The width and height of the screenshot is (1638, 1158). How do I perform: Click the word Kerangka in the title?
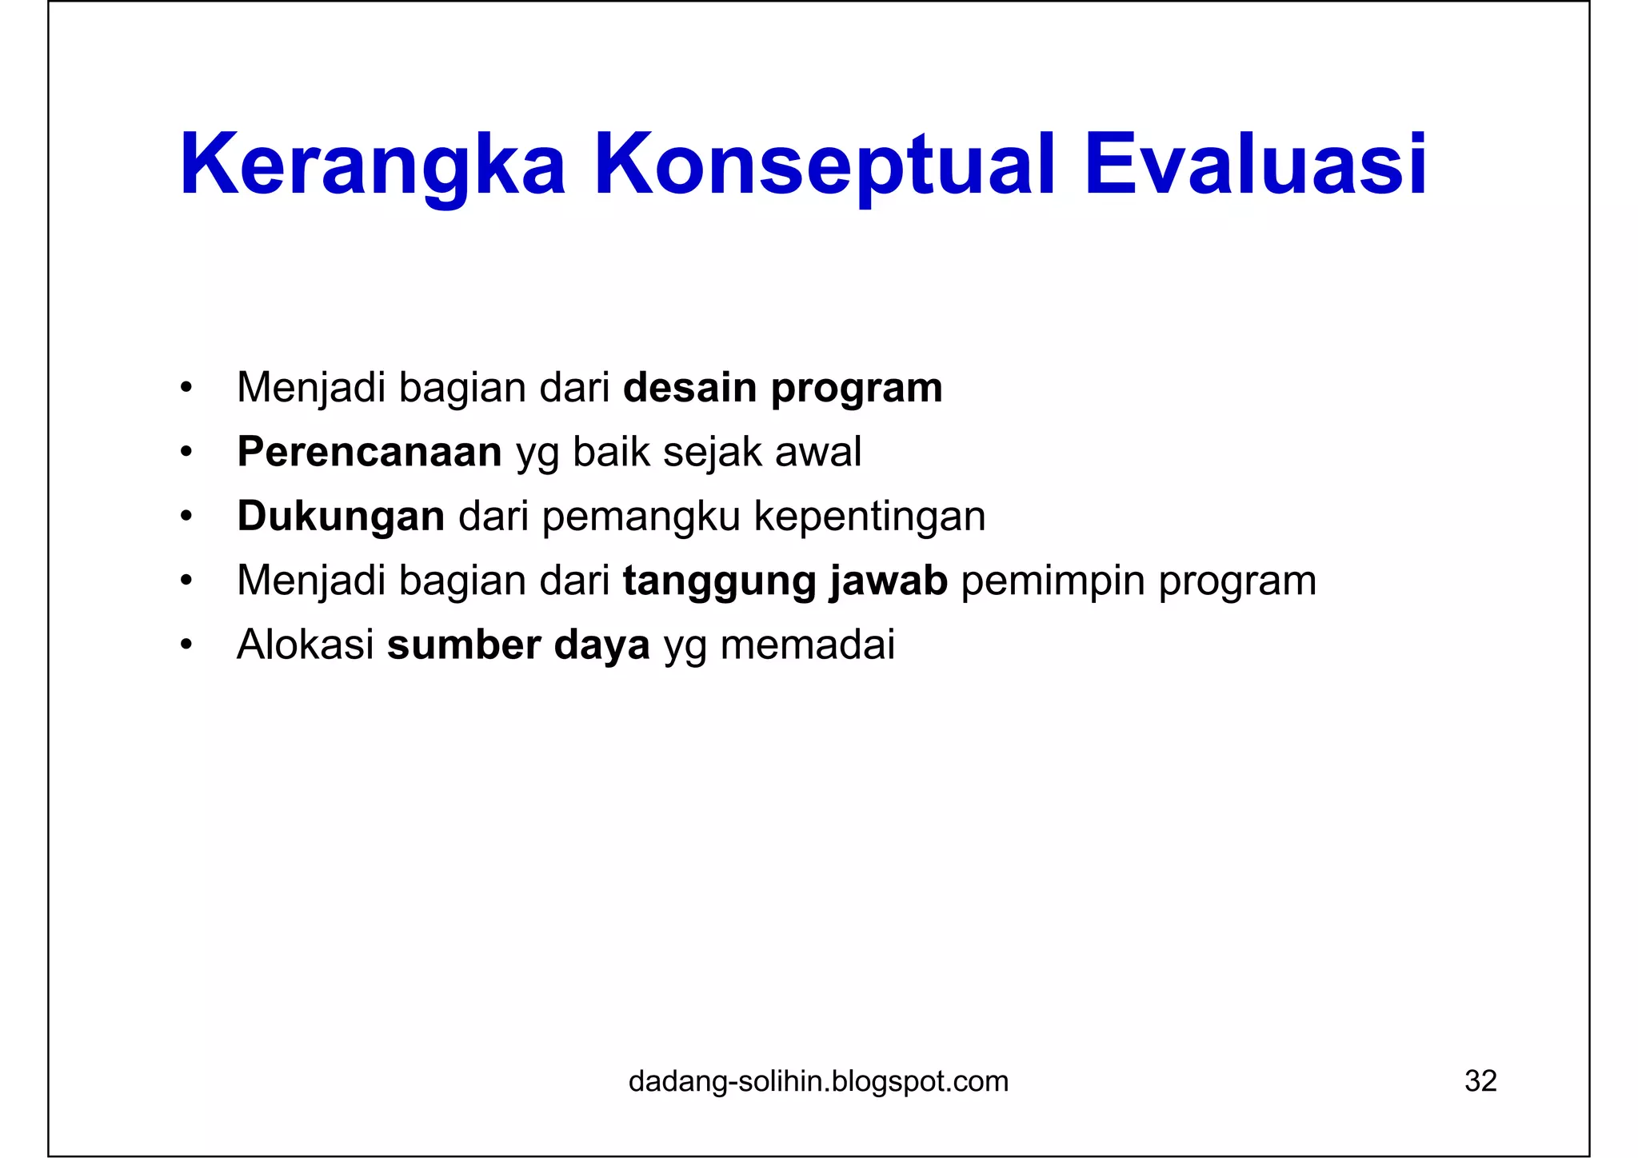click(373, 166)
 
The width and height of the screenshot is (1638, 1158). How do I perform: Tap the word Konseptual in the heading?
click(825, 166)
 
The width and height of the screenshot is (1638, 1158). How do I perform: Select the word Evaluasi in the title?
click(1255, 166)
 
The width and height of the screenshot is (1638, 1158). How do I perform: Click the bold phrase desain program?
click(782, 389)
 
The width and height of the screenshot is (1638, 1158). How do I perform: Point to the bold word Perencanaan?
click(370, 452)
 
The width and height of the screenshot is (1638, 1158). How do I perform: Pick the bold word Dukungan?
click(341, 517)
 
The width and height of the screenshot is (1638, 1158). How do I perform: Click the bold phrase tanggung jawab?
click(785, 581)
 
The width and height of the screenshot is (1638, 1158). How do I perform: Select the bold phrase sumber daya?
click(518, 645)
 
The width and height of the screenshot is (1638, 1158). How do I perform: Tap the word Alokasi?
click(306, 645)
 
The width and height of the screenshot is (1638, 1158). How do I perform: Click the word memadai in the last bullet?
click(807, 645)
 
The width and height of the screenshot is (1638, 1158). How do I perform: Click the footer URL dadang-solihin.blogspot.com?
click(818, 1081)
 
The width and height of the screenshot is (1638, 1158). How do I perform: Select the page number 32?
click(1480, 1081)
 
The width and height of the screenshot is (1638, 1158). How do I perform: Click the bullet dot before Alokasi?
click(186, 645)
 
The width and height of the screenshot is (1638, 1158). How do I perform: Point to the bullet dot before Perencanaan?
click(186, 453)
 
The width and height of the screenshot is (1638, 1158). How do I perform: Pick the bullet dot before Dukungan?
click(186, 517)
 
